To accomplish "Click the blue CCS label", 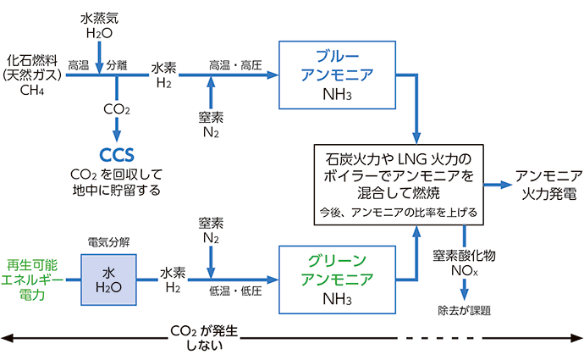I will pyautogui.click(x=116, y=155).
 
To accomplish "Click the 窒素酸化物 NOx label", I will pyautogui.click(x=464, y=263).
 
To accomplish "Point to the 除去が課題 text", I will pyautogui.click(x=464, y=310).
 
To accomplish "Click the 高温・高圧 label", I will pyautogui.click(x=234, y=64).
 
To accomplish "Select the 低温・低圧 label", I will pyautogui.click(x=234, y=291).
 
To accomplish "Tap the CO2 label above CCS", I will pyautogui.click(x=116, y=108).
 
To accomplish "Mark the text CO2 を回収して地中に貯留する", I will pyautogui.click(x=116, y=181).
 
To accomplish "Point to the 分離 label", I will pyautogui.click(x=116, y=64).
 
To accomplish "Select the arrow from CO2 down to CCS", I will pyautogui.click(x=116, y=130).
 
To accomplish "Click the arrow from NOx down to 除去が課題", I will pyautogui.click(x=464, y=291).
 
